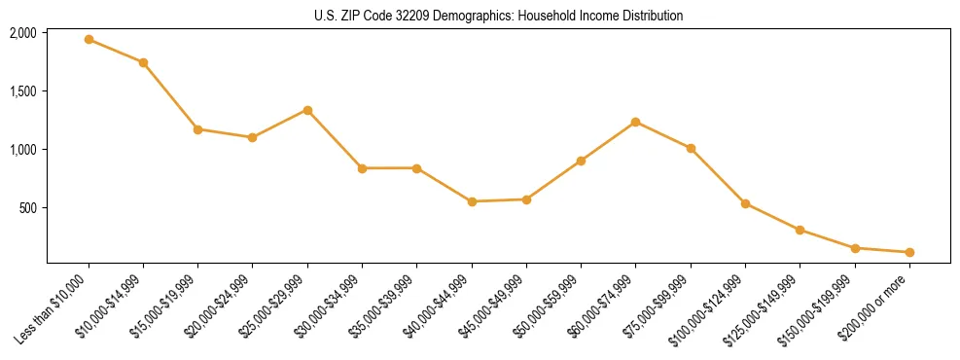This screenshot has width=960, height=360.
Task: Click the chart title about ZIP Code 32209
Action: [x=499, y=16]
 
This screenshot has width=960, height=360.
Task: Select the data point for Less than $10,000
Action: [x=89, y=40]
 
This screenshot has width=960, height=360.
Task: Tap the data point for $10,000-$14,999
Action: [x=143, y=62]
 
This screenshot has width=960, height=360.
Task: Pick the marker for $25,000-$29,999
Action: [x=307, y=110]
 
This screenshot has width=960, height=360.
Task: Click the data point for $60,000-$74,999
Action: [x=635, y=122]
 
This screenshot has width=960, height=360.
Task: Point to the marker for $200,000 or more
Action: [x=909, y=252]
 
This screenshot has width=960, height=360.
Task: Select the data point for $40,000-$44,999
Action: [x=472, y=201]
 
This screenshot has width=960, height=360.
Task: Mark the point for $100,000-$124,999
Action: [x=745, y=203]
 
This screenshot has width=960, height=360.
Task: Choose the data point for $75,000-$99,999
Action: [x=691, y=148]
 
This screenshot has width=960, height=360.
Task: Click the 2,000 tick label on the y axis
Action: [x=23, y=33]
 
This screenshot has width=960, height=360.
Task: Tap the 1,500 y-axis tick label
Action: [x=23, y=91]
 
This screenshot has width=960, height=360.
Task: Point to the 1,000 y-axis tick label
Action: [x=23, y=150]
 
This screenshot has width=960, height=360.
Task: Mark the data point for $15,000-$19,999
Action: [x=197, y=129]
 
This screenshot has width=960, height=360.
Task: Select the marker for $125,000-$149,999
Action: [x=800, y=230]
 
